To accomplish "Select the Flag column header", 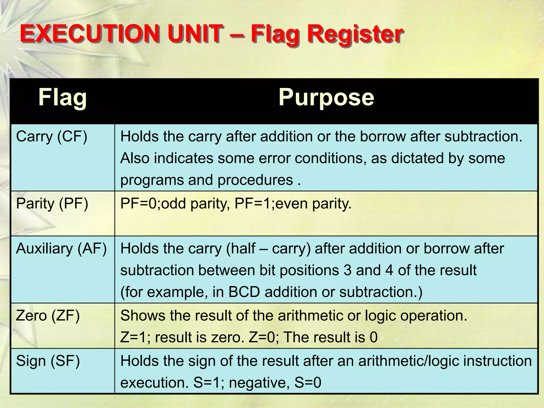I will click(x=62, y=98).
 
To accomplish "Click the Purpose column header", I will click(x=326, y=98).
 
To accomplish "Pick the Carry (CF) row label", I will click(x=52, y=137).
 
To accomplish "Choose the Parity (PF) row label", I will click(x=52, y=204).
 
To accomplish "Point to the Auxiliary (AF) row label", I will click(x=61, y=249).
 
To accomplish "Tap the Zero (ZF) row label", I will click(x=48, y=316).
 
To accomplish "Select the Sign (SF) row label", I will click(x=48, y=361).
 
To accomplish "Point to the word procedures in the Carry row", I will click(x=255, y=180).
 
